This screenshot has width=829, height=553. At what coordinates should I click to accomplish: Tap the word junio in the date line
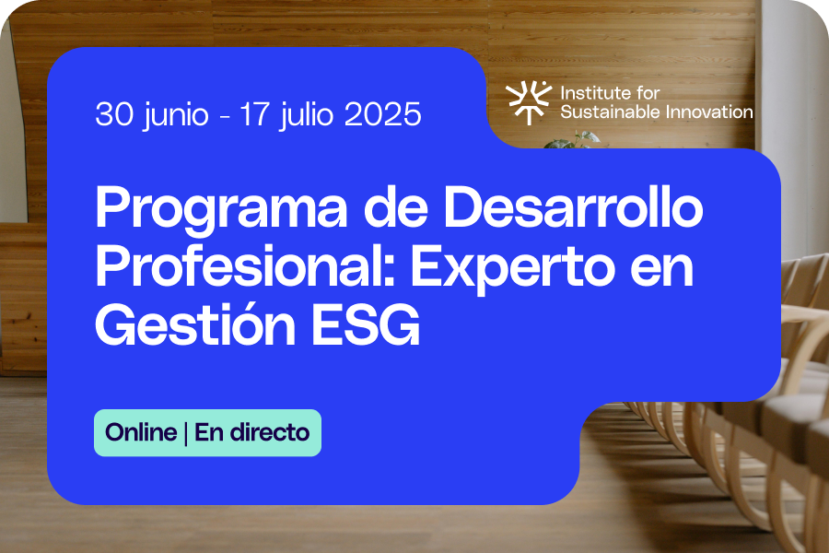click(176, 115)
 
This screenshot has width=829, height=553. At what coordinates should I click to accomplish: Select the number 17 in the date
click(256, 113)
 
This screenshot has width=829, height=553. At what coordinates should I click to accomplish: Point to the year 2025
click(383, 113)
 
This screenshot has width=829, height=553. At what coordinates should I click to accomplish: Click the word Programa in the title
click(221, 209)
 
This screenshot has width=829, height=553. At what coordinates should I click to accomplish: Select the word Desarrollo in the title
click(573, 206)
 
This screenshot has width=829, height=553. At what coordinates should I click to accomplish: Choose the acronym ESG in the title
click(366, 324)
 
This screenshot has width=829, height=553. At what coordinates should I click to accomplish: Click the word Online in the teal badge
click(141, 432)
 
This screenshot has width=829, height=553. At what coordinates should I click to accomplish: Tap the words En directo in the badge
click(252, 432)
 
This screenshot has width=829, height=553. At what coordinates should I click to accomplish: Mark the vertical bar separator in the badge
click(186, 433)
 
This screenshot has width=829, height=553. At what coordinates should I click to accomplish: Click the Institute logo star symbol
click(528, 102)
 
